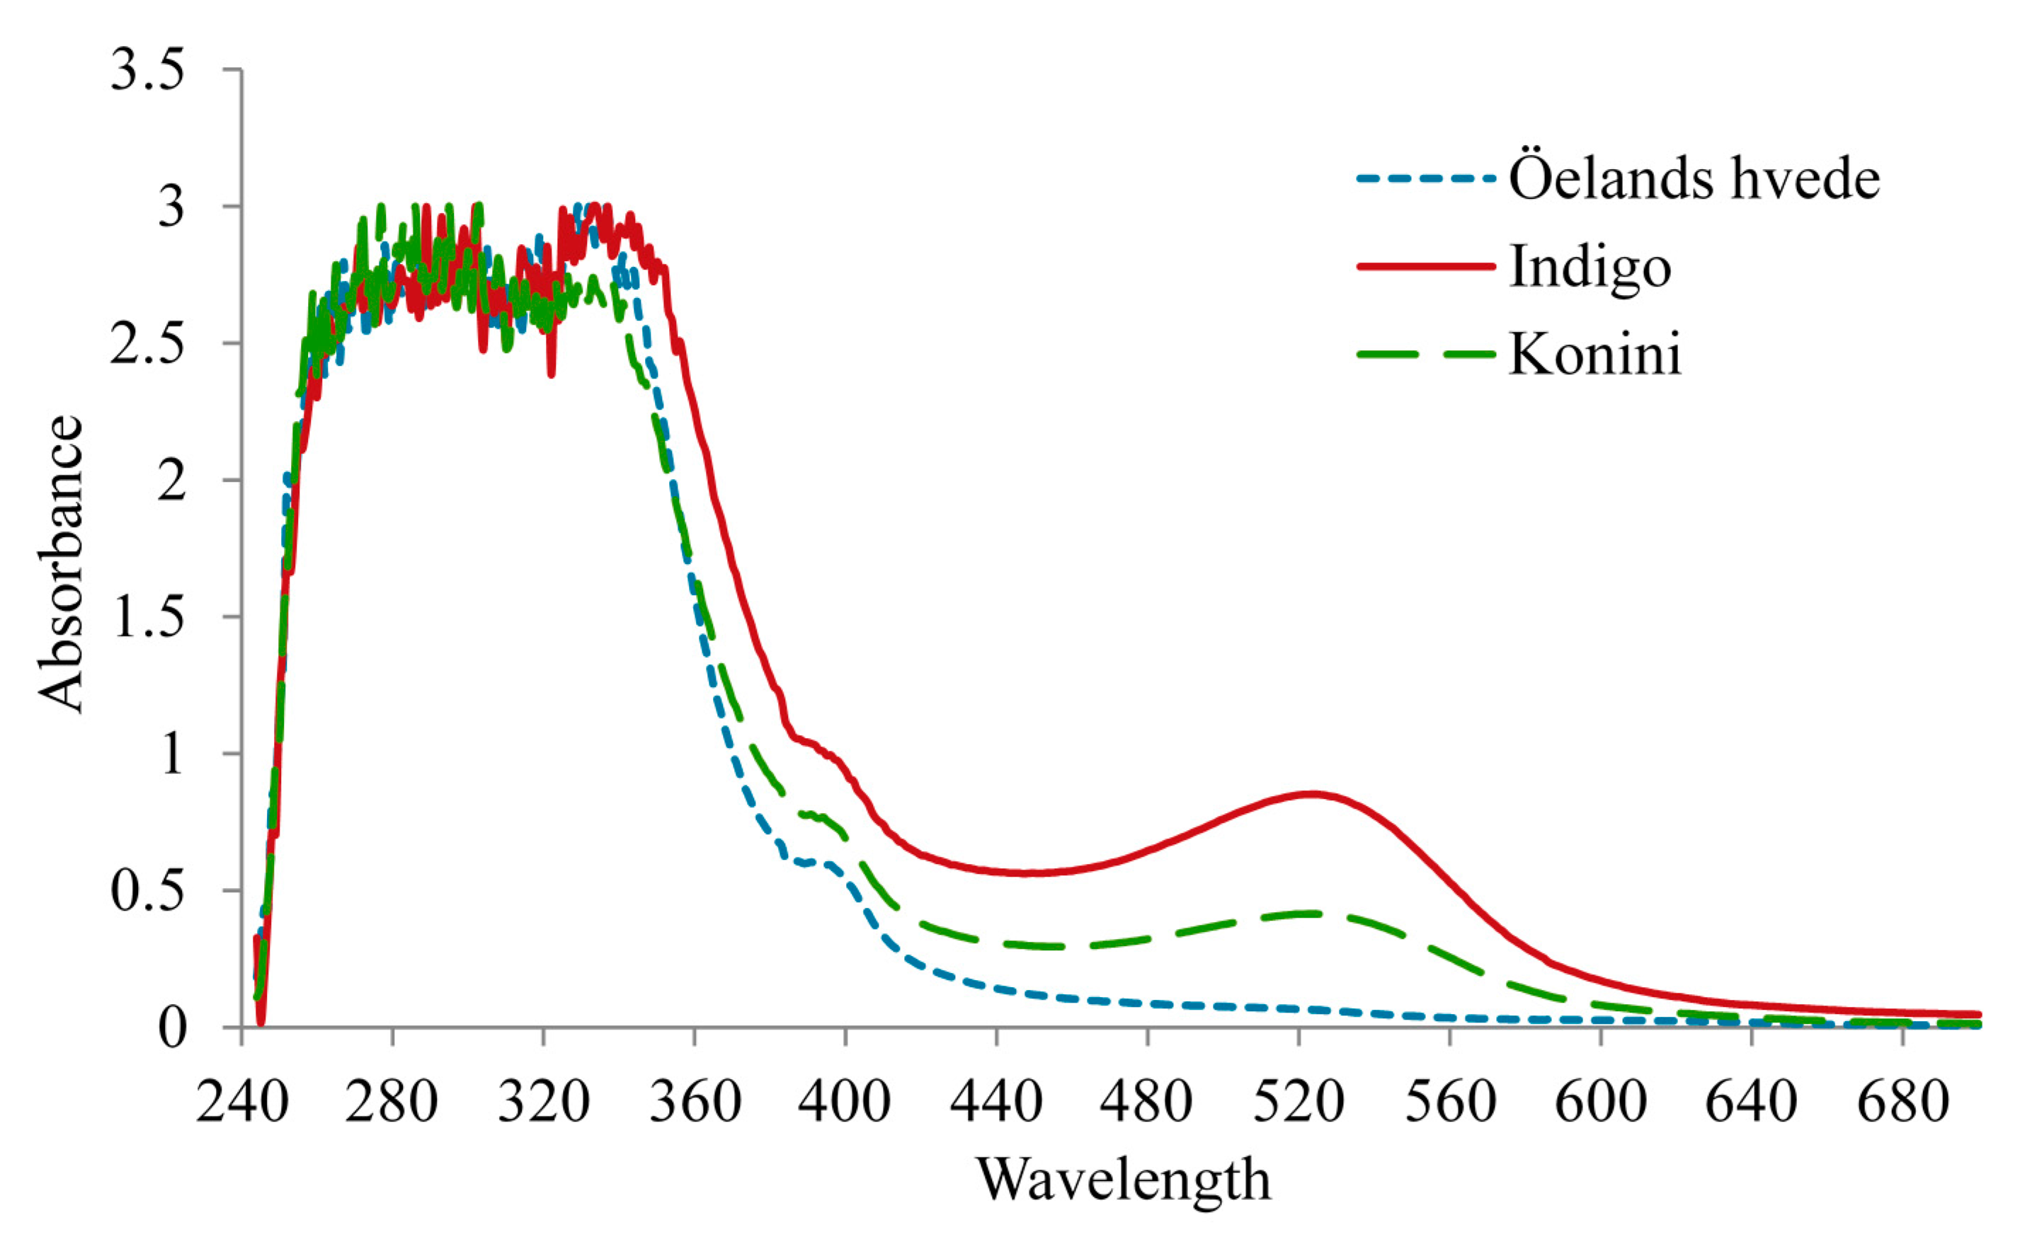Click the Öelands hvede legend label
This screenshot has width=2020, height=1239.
pos(1694,178)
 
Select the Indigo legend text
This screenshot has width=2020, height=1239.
pos(1590,267)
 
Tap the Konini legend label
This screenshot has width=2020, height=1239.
pos(1594,355)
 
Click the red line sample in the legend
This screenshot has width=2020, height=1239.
pos(1426,265)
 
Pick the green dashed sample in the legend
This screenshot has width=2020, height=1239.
pos(1426,354)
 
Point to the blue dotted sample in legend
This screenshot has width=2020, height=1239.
pos(1426,177)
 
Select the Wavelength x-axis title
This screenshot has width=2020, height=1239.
pos(1123,1180)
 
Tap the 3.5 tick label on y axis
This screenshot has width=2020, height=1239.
pos(147,71)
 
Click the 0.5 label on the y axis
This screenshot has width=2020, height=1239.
pos(147,891)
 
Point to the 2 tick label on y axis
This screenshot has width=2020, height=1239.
pos(172,480)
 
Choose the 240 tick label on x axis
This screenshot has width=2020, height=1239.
pos(242,1103)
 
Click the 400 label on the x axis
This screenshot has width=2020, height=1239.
pos(845,1103)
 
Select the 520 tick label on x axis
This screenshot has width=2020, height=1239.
pos(1299,1103)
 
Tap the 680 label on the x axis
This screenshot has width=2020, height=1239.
pos(1902,1103)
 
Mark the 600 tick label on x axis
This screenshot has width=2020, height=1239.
pos(1600,1103)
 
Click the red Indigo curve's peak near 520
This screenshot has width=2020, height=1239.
pos(1312,793)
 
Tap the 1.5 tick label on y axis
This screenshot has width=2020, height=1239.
pos(147,617)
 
